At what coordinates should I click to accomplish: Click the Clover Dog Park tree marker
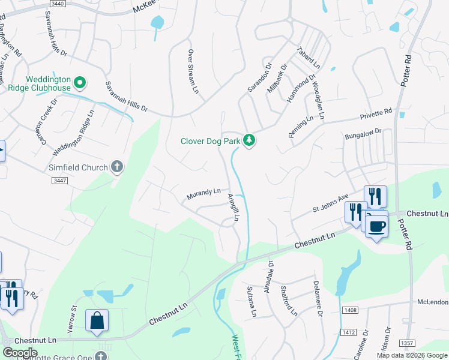coord(249,141)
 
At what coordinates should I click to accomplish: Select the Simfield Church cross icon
coord(117,167)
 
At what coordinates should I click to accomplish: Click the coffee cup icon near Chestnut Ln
coord(376,227)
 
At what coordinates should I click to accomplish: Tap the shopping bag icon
coord(97,321)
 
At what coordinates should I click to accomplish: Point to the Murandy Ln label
coord(203,193)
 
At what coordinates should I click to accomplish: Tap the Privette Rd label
coord(376,114)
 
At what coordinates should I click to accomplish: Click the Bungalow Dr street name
coord(363,134)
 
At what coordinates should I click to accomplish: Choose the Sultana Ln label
coord(252,302)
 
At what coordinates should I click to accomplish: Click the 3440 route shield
coord(58,3)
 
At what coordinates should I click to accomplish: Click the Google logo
coord(20,353)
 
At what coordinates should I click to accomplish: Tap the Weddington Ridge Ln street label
coord(73,131)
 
